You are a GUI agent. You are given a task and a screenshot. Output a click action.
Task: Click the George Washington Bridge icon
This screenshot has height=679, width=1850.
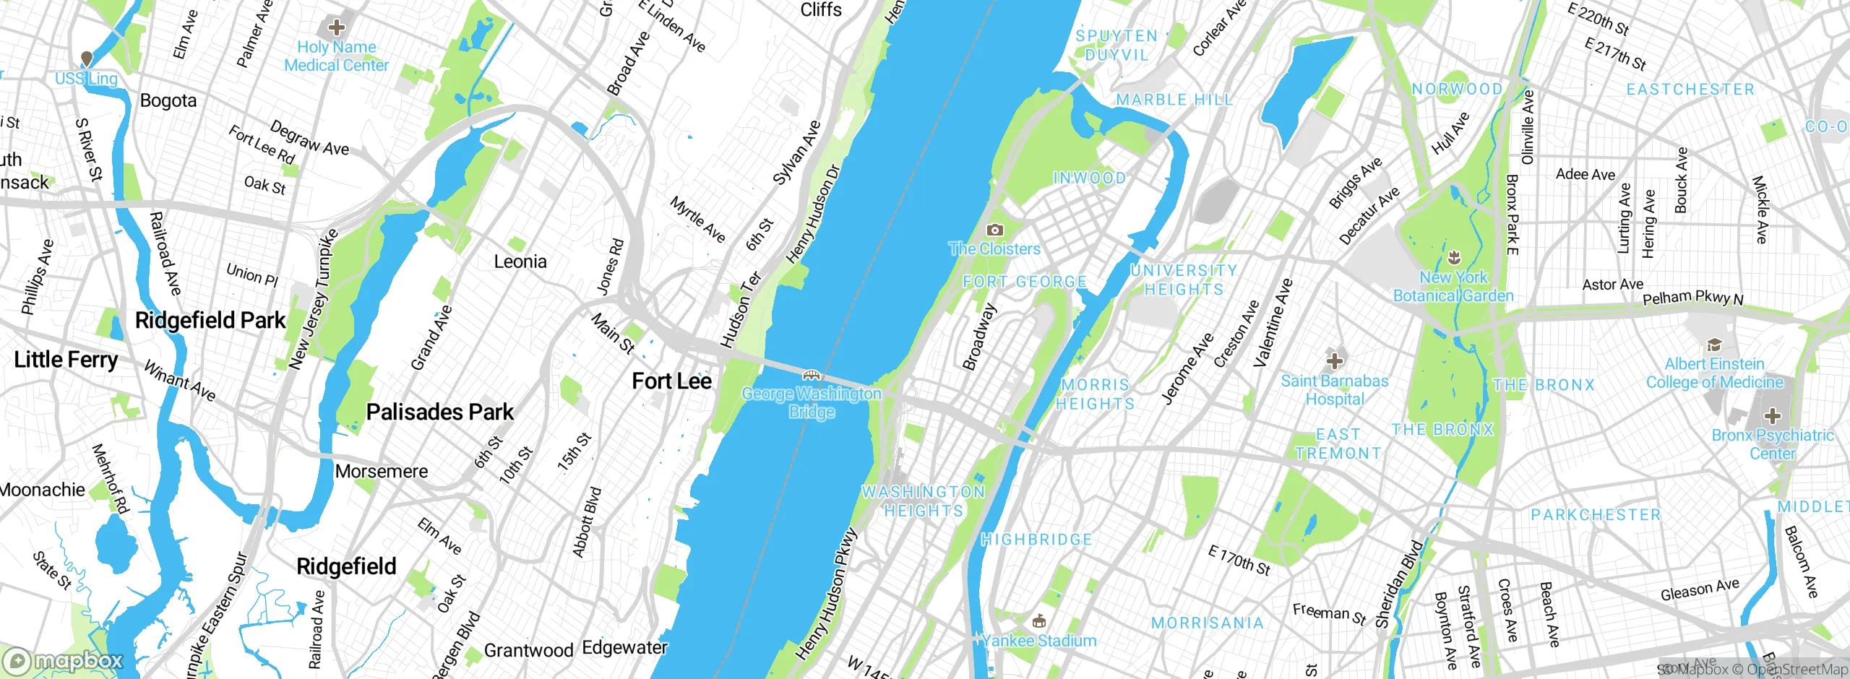(x=812, y=375)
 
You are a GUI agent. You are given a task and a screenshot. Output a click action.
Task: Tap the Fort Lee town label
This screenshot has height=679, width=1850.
(x=671, y=381)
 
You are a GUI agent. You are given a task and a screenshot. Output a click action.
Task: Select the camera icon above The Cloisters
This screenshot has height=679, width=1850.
(x=995, y=230)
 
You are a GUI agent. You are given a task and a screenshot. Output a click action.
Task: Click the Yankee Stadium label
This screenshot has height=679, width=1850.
(x=1040, y=640)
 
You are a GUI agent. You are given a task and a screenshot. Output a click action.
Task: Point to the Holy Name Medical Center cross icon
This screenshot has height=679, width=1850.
(x=336, y=28)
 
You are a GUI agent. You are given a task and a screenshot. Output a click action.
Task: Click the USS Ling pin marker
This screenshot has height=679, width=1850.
(x=87, y=59)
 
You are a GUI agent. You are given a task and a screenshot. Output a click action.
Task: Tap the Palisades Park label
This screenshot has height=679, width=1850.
(x=439, y=412)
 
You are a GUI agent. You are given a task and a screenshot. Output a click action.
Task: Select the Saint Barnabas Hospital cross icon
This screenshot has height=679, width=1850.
(x=1335, y=360)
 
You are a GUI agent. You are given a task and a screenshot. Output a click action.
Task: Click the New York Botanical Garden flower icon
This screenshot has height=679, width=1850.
(x=1454, y=257)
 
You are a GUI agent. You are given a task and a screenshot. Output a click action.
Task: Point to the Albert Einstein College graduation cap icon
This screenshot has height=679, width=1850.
(x=1714, y=345)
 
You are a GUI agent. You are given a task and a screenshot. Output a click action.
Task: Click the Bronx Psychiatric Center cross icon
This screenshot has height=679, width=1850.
(x=1772, y=415)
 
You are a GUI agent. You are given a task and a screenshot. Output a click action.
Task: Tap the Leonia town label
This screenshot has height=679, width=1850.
(x=520, y=261)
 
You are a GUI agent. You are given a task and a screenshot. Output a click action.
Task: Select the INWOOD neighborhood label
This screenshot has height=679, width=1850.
(x=1089, y=178)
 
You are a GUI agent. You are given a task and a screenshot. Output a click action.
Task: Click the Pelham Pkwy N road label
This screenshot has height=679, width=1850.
(x=1692, y=298)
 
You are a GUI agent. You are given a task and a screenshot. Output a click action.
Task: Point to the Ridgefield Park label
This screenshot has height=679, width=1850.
(x=210, y=320)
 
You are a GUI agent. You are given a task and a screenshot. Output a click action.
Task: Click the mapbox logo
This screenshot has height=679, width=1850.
(x=64, y=660)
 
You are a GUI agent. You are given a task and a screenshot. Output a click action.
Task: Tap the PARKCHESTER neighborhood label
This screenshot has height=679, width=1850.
(x=1596, y=514)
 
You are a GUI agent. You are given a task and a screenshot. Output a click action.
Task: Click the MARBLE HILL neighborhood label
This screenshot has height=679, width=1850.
(x=1174, y=100)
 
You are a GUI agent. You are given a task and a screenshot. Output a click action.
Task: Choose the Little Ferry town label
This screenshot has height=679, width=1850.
(x=66, y=359)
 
